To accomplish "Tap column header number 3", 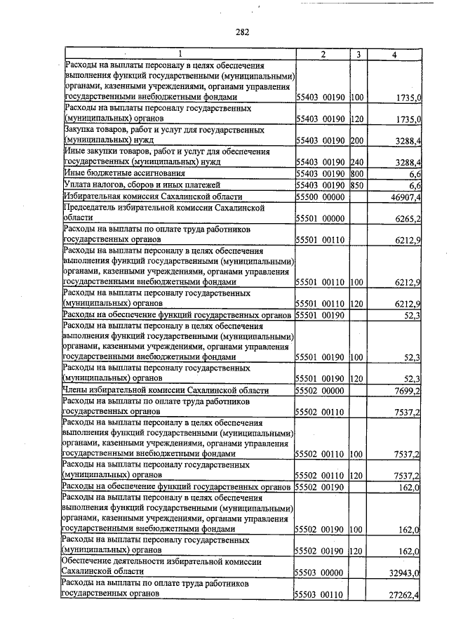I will [x=357, y=54].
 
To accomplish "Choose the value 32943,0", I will [x=405, y=573].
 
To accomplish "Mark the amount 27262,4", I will [x=405, y=595].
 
